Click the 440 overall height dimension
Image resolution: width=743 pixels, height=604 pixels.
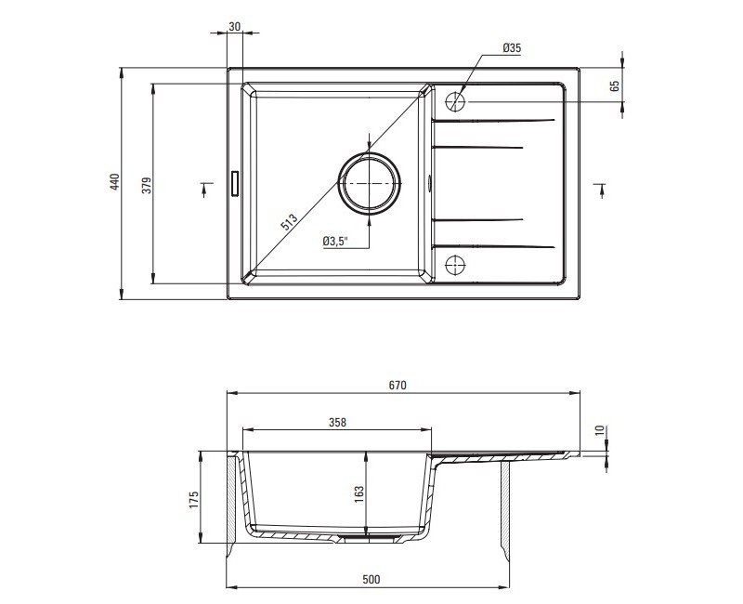pos(114,182)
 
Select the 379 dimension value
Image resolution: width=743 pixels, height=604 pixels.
pos(147,185)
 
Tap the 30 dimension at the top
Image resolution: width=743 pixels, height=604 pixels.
pos(235,27)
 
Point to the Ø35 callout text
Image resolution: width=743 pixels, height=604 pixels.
pos(512,47)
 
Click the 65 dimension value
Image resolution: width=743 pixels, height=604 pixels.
pos(615,85)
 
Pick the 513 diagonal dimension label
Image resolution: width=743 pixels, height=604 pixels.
pos(289,222)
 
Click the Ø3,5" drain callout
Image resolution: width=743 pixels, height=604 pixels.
pos(335,242)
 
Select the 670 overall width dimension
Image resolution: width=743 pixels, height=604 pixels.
pos(398,386)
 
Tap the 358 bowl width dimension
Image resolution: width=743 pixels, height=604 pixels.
pos(337,422)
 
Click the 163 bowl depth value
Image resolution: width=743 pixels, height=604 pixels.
pos(358,493)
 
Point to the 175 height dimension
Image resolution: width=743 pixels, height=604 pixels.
pos(194,500)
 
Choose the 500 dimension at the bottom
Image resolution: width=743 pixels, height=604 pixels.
pos(371,579)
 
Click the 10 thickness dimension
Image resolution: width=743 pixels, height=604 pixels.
pos(600,430)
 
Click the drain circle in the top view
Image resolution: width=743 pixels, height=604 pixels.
pos(369,183)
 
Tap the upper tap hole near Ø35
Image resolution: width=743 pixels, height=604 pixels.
pos(455,101)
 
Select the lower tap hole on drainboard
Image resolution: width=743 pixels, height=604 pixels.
pos(455,265)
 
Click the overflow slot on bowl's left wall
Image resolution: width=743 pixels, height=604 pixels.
pos(235,183)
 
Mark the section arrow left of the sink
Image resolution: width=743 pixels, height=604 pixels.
pos(204,189)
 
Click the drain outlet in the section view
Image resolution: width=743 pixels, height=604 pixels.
pos(368,538)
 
